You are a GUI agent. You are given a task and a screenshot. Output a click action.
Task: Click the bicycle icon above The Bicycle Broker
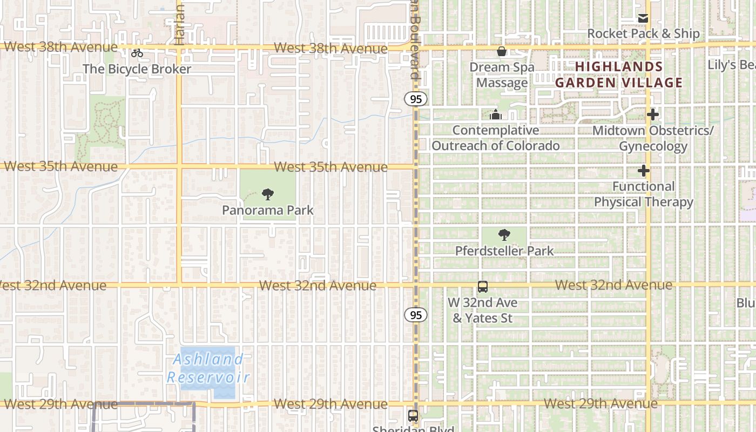click(x=137, y=53)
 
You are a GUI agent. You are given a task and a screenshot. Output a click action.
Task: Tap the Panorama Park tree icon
click(x=267, y=194)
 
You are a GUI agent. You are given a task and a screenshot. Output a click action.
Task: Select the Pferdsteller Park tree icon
click(x=504, y=235)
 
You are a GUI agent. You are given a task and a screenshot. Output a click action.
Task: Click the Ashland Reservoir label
click(x=207, y=368)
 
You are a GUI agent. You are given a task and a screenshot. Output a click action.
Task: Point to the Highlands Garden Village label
click(x=619, y=75)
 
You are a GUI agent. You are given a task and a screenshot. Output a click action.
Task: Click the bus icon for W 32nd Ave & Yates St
click(x=483, y=287)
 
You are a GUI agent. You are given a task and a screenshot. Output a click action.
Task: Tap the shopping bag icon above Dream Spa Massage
click(x=502, y=51)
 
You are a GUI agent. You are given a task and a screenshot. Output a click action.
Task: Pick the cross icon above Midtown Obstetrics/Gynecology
click(x=653, y=114)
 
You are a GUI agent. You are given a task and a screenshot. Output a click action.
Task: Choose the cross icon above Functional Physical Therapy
click(x=643, y=171)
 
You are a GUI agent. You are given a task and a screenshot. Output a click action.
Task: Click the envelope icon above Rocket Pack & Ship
click(x=643, y=18)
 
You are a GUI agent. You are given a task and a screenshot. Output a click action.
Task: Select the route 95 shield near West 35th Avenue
click(x=415, y=99)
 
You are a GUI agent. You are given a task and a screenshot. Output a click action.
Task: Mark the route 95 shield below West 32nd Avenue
click(x=415, y=315)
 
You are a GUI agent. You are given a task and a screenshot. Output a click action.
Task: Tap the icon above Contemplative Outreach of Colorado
click(x=495, y=114)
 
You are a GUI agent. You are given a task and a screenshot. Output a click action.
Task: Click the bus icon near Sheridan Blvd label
click(x=413, y=415)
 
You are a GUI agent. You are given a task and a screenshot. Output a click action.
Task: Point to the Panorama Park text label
click(x=267, y=210)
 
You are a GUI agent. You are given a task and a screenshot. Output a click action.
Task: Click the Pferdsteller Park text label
click(x=504, y=251)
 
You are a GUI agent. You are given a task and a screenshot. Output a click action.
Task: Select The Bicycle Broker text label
click(x=137, y=69)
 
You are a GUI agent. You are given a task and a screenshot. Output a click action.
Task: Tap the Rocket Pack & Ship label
click(x=643, y=33)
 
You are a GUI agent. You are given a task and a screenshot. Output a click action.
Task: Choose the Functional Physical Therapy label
click(x=643, y=194)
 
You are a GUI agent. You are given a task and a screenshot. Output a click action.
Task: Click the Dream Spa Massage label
click(x=502, y=75)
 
